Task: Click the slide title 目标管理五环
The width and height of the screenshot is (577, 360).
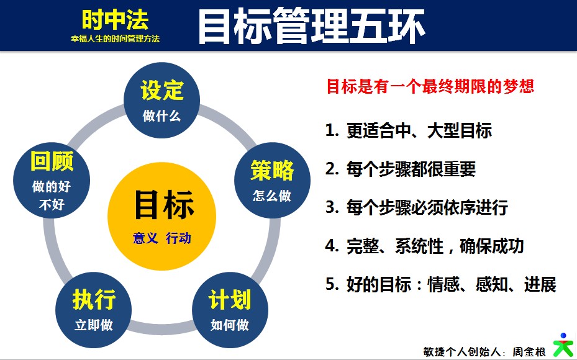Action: coord(311,25)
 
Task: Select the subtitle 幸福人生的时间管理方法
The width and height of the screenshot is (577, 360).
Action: coord(115,38)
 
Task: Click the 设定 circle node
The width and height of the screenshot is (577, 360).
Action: coord(161,100)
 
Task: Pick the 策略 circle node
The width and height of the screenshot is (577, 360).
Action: coord(272,180)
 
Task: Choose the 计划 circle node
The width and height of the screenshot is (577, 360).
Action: coord(230,310)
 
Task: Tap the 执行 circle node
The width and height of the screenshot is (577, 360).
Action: coord(93,310)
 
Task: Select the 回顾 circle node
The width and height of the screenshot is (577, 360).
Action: coord(52,180)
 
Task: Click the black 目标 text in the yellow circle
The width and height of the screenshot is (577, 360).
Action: coord(164,204)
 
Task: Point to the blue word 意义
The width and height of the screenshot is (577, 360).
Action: coord(145,238)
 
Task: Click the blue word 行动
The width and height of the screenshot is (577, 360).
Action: coord(178,238)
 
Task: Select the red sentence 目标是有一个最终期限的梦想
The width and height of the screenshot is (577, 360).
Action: coord(430,86)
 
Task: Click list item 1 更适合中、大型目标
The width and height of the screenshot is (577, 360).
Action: coord(409,130)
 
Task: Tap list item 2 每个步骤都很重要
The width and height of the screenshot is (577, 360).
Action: coord(401,169)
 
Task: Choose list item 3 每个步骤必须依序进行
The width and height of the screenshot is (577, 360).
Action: coord(417,207)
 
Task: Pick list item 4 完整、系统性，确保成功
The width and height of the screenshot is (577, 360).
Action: coord(425,246)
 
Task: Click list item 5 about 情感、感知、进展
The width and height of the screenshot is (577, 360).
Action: coord(441,284)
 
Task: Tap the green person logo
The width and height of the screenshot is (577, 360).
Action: coord(564,345)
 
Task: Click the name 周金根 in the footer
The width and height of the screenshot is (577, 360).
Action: coord(529,352)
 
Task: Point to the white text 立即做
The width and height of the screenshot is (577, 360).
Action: coord(93,325)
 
